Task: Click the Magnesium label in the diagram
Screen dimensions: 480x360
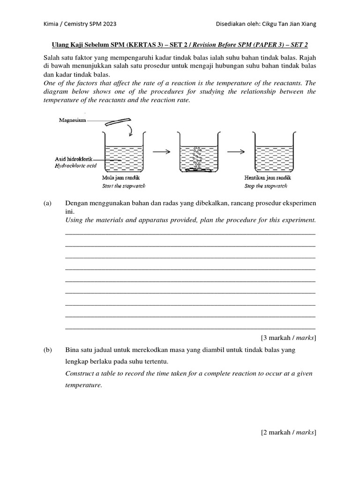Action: click(x=73, y=120)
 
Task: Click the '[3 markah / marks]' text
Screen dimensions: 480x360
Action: click(x=288, y=338)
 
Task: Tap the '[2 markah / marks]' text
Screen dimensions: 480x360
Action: click(x=288, y=433)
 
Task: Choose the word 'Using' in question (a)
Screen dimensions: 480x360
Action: click(x=74, y=220)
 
